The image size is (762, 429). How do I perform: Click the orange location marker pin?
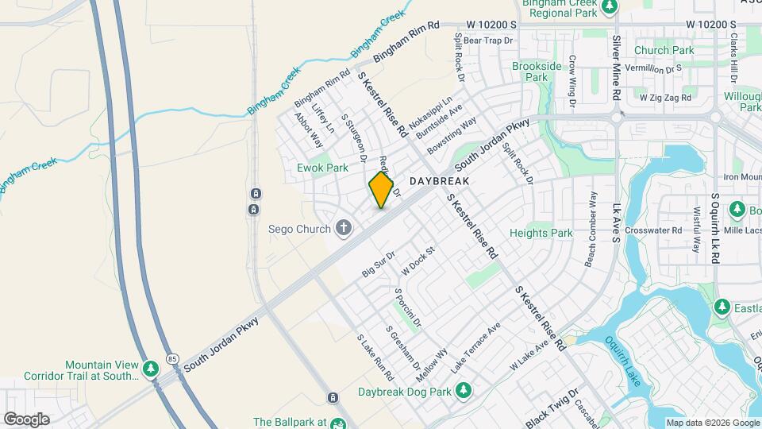pos(382,190)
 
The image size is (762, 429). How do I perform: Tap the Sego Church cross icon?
pos(344,229)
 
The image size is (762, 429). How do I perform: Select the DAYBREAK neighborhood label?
pos(440,181)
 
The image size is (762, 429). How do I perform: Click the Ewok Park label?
pos(322,168)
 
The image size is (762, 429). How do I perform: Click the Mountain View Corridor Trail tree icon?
pos(151,369)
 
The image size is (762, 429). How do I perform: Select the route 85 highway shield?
pos(172,360)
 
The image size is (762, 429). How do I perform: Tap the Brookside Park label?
pos(537,71)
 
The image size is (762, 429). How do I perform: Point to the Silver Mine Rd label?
pos(615,68)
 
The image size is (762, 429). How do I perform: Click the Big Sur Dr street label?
pos(379,267)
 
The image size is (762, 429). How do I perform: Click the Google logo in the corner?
pos(26,419)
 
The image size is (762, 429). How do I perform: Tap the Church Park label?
pos(664,50)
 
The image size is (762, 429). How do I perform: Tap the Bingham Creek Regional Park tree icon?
pos(610,7)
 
